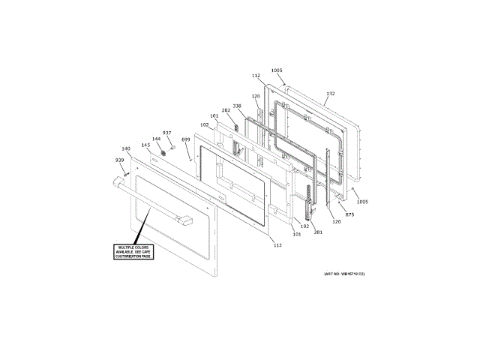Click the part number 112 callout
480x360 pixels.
coord(256,76)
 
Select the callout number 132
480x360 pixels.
coord(330,94)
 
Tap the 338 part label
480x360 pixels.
coord(237,106)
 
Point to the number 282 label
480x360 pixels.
coord(226,110)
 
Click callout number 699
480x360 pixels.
coord(186,139)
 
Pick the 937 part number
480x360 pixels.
coord(167,133)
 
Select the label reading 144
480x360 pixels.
coord(157,139)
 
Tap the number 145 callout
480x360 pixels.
coord(145,145)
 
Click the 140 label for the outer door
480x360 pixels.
coord(126,148)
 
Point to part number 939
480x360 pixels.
coord(119,160)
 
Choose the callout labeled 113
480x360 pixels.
coord(277,245)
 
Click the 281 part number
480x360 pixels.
coord(319,232)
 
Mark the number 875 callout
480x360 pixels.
coord(349,215)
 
